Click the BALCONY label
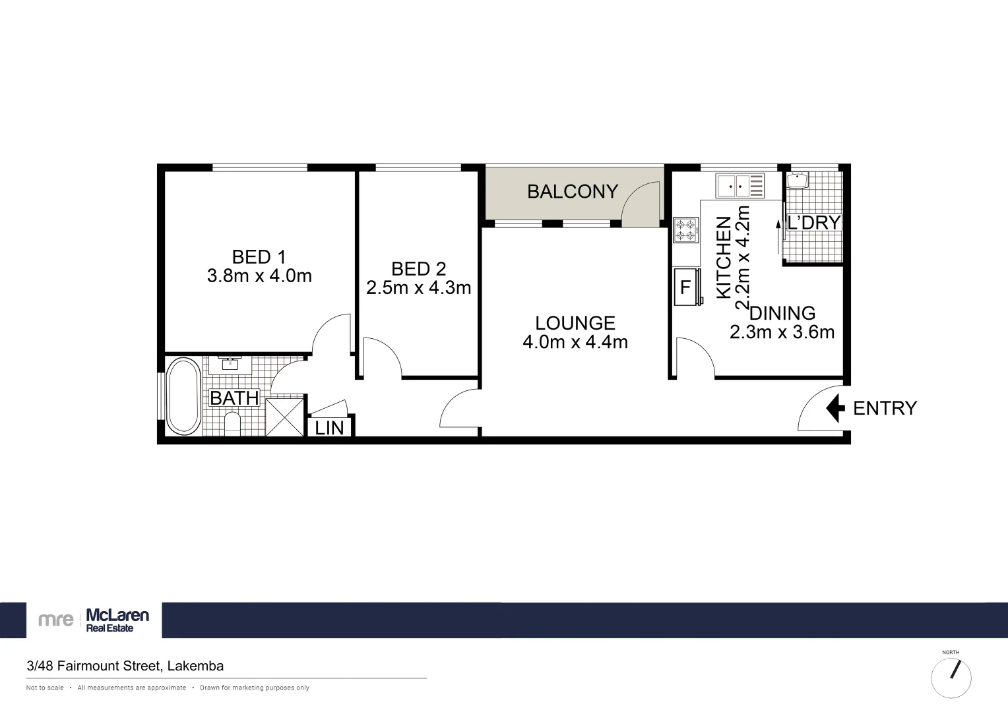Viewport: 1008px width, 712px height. click(572, 191)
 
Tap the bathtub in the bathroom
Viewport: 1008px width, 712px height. click(183, 396)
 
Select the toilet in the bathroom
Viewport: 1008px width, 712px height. click(233, 423)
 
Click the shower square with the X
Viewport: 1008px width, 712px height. click(286, 415)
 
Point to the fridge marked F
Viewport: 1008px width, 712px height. click(686, 287)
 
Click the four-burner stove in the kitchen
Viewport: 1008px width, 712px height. click(685, 229)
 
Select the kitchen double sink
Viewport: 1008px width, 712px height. click(740, 185)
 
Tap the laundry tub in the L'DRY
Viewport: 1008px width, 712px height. click(798, 180)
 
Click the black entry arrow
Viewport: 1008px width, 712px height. click(835, 408)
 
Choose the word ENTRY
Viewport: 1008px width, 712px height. click(885, 408)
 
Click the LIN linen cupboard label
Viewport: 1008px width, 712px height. click(329, 428)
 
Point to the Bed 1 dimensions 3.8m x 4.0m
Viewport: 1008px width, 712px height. click(259, 276)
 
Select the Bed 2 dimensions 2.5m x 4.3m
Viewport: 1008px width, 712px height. click(418, 287)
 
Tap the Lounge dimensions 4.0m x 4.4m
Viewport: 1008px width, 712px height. click(575, 341)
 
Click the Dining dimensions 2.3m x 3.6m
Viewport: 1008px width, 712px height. click(782, 332)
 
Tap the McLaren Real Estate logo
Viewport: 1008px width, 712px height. click(94, 620)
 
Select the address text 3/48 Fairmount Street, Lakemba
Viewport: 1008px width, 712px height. click(125, 666)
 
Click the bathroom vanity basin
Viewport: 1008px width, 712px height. click(230, 364)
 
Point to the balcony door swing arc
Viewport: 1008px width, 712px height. click(639, 202)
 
